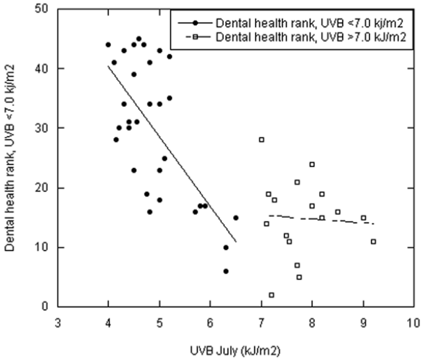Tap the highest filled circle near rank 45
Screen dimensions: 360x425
tap(139, 39)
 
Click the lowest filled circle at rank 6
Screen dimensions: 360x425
tap(225, 271)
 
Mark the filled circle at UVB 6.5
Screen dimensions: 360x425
tap(236, 218)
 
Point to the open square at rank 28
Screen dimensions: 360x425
tap(261, 139)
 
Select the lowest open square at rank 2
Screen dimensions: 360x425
tap(272, 295)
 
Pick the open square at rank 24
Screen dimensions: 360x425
tap(312, 164)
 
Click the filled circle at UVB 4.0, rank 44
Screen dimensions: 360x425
tap(108, 44)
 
